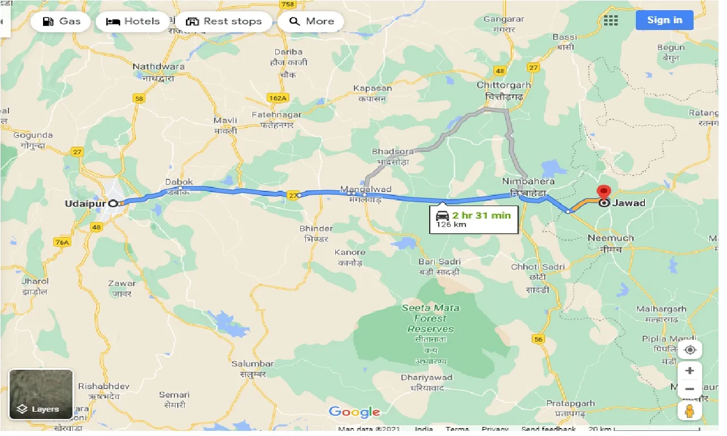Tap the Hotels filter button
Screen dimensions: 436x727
(x=133, y=22)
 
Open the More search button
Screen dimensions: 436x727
(x=311, y=22)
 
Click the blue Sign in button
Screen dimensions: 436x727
(x=664, y=20)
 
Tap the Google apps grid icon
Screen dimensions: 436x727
(x=611, y=20)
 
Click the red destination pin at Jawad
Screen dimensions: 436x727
(x=605, y=193)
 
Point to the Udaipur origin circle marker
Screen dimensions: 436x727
(x=113, y=203)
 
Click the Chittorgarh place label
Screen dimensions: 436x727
(x=503, y=85)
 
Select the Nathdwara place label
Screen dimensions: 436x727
(x=159, y=67)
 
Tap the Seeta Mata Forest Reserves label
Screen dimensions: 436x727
(x=430, y=318)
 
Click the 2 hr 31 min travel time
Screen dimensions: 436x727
(x=481, y=215)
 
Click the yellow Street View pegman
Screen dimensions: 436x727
(x=689, y=411)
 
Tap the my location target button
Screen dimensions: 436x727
(x=689, y=350)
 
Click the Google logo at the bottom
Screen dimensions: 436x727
(x=354, y=412)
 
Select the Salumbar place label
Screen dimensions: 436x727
(x=253, y=364)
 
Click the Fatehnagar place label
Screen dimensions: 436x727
(x=277, y=114)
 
